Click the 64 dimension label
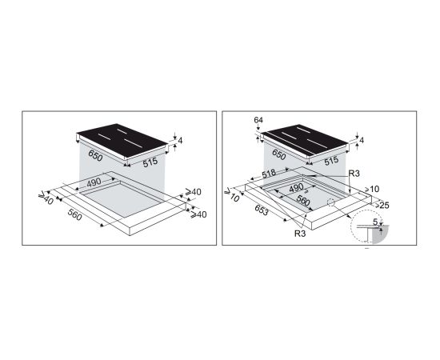click(258, 120)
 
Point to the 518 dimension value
click(269, 174)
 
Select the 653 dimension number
click(262, 210)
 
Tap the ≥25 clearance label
click(382, 206)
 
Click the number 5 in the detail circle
click(375, 222)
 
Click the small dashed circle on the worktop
click(331, 202)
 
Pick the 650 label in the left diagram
click(95, 155)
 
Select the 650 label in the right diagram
click(278, 154)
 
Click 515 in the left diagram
click(150, 162)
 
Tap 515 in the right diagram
click(331, 161)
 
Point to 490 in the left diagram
click(94, 182)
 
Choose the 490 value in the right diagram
click(296, 188)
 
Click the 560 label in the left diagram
click(75, 214)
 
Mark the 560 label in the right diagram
click(302, 200)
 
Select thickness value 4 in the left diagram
click(180, 141)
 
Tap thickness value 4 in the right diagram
click(362, 140)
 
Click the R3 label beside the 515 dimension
click(354, 174)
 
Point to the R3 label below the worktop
click(300, 233)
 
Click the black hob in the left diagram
click(122, 141)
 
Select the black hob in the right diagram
click(305, 141)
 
